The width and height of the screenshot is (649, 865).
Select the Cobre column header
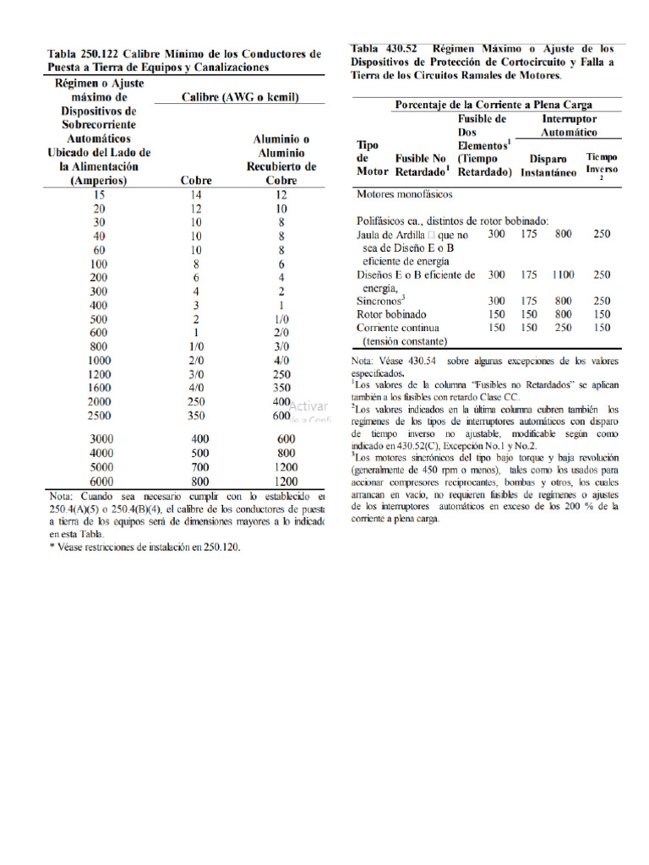(196, 179)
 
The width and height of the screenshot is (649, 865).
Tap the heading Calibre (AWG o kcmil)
(240, 98)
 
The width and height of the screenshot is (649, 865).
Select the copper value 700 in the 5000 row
(199, 465)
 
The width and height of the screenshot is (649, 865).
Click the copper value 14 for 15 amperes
(196, 194)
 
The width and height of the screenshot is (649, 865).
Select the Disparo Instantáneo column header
(548, 165)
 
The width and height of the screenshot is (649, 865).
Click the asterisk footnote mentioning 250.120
(144, 547)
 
